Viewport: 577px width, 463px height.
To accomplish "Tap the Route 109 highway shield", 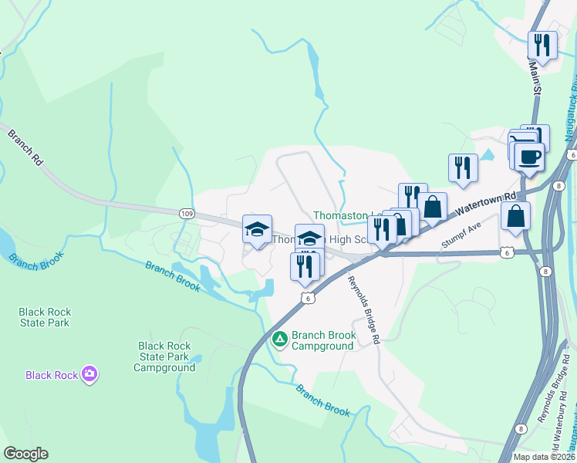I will tap(187, 214).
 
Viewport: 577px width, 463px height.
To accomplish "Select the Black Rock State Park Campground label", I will tap(164, 357).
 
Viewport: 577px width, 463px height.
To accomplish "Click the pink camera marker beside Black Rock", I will tap(90, 374).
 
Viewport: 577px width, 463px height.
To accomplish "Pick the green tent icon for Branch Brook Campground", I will tap(280, 338).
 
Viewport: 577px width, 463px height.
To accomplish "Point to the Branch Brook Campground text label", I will tap(323, 341).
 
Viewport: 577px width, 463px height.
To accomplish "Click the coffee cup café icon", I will tap(529, 157).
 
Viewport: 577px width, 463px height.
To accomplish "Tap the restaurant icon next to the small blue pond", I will tap(462, 167).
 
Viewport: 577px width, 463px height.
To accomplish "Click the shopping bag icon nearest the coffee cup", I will tap(515, 216).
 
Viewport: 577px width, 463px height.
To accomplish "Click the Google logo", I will tap(25, 454).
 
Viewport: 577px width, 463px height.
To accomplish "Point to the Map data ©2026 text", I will tap(543, 457).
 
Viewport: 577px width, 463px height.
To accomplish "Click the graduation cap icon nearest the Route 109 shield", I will tap(257, 228).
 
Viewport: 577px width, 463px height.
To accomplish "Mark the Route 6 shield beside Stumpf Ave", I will tap(505, 252).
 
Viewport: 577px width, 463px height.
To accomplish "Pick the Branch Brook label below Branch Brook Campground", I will tap(323, 399).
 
